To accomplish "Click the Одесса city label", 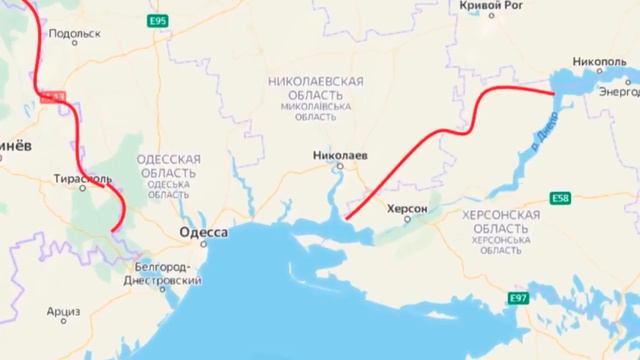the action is tap(201, 233).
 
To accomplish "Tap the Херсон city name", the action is tap(406, 209).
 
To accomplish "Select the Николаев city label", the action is tap(339, 156).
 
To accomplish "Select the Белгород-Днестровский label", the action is tap(167, 273).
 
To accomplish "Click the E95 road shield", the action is tap(156, 20).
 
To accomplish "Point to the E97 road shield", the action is tap(518, 299).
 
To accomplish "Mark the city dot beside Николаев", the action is tap(339, 168).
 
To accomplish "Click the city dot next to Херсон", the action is tap(406, 220).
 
